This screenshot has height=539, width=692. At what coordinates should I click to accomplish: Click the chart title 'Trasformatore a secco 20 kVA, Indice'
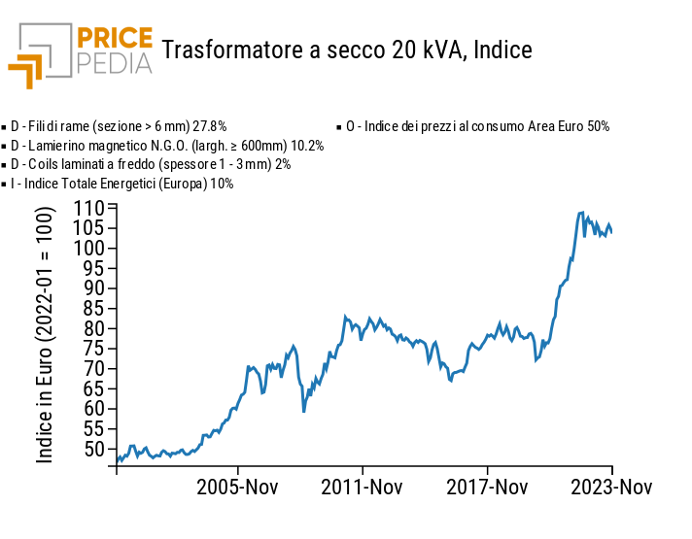point(347,49)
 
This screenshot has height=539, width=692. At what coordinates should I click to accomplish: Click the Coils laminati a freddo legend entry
point(151,164)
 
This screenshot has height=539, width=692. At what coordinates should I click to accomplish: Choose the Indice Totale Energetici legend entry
point(121,184)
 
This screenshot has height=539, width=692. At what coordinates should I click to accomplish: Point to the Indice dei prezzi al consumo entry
point(476,126)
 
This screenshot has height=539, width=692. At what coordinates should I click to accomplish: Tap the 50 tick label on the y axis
point(93,449)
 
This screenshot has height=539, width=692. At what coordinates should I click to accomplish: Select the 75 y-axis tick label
point(93,348)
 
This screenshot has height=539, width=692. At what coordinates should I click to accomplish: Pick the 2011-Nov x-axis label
point(363,487)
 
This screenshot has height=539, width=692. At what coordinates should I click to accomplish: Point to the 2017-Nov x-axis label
point(487,487)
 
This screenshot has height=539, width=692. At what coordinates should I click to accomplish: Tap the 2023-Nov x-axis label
point(610,487)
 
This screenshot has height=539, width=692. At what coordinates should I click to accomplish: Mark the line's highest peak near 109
point(581,213)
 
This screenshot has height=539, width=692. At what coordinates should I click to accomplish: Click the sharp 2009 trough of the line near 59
point(303,412)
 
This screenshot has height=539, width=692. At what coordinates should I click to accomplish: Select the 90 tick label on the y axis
point(93,287)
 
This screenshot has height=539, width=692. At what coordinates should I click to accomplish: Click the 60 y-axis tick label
point(93,408)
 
